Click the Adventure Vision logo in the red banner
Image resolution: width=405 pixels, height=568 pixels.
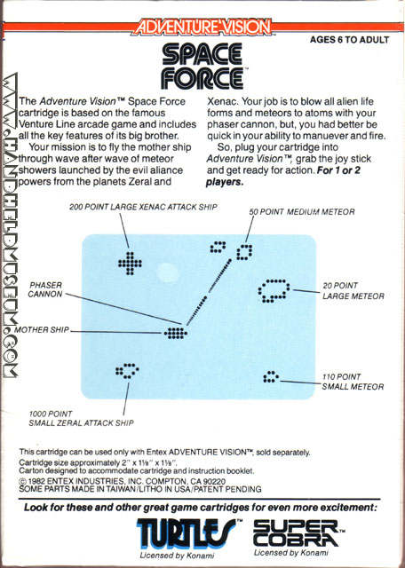point(202,28)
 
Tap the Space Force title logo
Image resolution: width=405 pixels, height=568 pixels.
point(202,66)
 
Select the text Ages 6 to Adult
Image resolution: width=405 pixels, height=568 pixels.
point(349,39)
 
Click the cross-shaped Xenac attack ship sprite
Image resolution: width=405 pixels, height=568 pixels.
point(130,264)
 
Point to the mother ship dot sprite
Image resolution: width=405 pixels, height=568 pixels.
point(176,333)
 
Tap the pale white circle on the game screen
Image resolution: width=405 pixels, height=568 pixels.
point(168,272)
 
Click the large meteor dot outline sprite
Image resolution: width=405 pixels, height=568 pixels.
point(274,290)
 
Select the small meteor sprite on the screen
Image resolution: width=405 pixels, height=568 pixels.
point(271,376)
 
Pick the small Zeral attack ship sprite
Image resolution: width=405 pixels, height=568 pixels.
point(127,371)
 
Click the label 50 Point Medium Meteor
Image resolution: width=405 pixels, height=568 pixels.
point(302,211)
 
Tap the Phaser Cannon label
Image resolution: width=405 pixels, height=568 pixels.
point(45,289)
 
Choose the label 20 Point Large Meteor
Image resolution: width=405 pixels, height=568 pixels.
point(353,291)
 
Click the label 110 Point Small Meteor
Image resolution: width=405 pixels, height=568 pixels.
point(353,382)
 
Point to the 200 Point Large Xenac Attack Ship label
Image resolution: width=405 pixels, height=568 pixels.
point(143,207)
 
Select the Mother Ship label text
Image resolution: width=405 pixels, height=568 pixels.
point(42,329)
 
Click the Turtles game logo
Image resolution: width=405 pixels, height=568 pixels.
point(186,533)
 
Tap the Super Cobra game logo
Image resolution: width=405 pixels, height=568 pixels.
point(296,532)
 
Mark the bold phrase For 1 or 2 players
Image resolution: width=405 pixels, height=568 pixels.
point(282,176)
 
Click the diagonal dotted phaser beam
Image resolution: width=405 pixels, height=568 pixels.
point(209,292)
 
